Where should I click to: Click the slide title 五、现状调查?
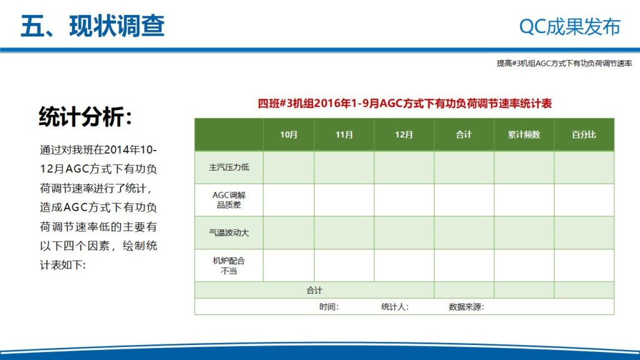[x=92, y=26]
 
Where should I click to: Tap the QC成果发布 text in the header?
[x=569, y=26]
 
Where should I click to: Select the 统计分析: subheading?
[x=86, y=117]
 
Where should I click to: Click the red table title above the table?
[x=404, y=104]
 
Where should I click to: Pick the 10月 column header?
[x=289, y=134]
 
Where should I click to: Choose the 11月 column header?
[x=344, y=134]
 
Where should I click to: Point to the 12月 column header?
[x=404, y=134]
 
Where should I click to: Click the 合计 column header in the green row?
[x=464, y=134]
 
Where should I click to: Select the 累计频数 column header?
[x=524, y=134]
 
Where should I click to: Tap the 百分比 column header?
[x=584, y=134]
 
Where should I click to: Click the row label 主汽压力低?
[x=229, y=167]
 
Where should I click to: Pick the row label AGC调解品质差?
[x=229, y=200]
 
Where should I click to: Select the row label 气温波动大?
[x=229, y=232]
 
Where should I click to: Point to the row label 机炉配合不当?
[x=229, y=266]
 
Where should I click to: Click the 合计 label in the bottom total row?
[x=314, y=290]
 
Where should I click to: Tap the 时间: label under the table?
[x=329, y=307]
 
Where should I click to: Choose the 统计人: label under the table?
[x=394, y=307]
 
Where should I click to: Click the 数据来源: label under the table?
[x=466, y=307]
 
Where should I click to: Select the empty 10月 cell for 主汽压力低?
[x=289, y=167]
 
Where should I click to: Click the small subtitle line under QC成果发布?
[x=564, y=63]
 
